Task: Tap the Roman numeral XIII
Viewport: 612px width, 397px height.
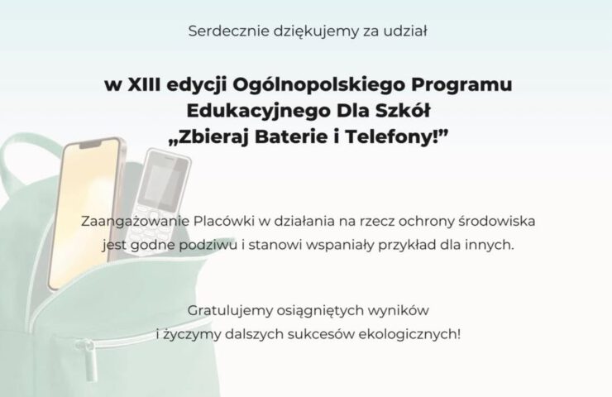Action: click(x=144, y=84)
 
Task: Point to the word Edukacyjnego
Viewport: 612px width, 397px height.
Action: click(x=258, y=112)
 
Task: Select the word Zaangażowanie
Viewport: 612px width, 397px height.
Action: click(x=136, y=222)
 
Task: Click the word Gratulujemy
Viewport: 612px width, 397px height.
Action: click(x=230, y=311)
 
